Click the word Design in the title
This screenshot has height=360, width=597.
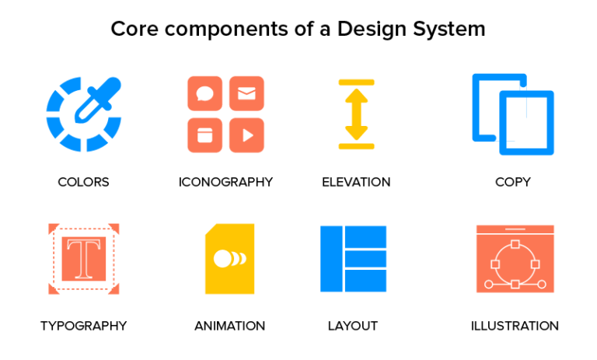coord(375,30)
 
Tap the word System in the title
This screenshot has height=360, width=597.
coord(449,30)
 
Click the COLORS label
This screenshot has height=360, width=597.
coord(83,182)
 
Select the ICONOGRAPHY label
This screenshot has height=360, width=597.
coord(225,182)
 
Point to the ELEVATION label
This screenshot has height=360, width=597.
coord(356,182)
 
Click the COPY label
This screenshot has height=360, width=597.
coord(513,182)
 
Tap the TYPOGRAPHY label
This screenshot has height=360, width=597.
coord(83,326)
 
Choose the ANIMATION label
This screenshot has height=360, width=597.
coord(229,326)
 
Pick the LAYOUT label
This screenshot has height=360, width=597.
coord(353,326)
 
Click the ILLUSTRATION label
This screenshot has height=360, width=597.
coord(515,326)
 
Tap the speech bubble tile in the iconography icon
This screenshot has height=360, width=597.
coord(205,93)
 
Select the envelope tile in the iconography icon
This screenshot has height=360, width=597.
coord(246,93)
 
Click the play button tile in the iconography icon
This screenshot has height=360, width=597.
coord(246,135)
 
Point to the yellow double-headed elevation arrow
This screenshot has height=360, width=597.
coord(356,114)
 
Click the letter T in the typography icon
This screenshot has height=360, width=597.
coord(83,259)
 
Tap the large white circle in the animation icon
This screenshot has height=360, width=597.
coord(223,258)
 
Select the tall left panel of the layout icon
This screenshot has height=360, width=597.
coord(331,259)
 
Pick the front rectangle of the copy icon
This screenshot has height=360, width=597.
coord(526,122)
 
